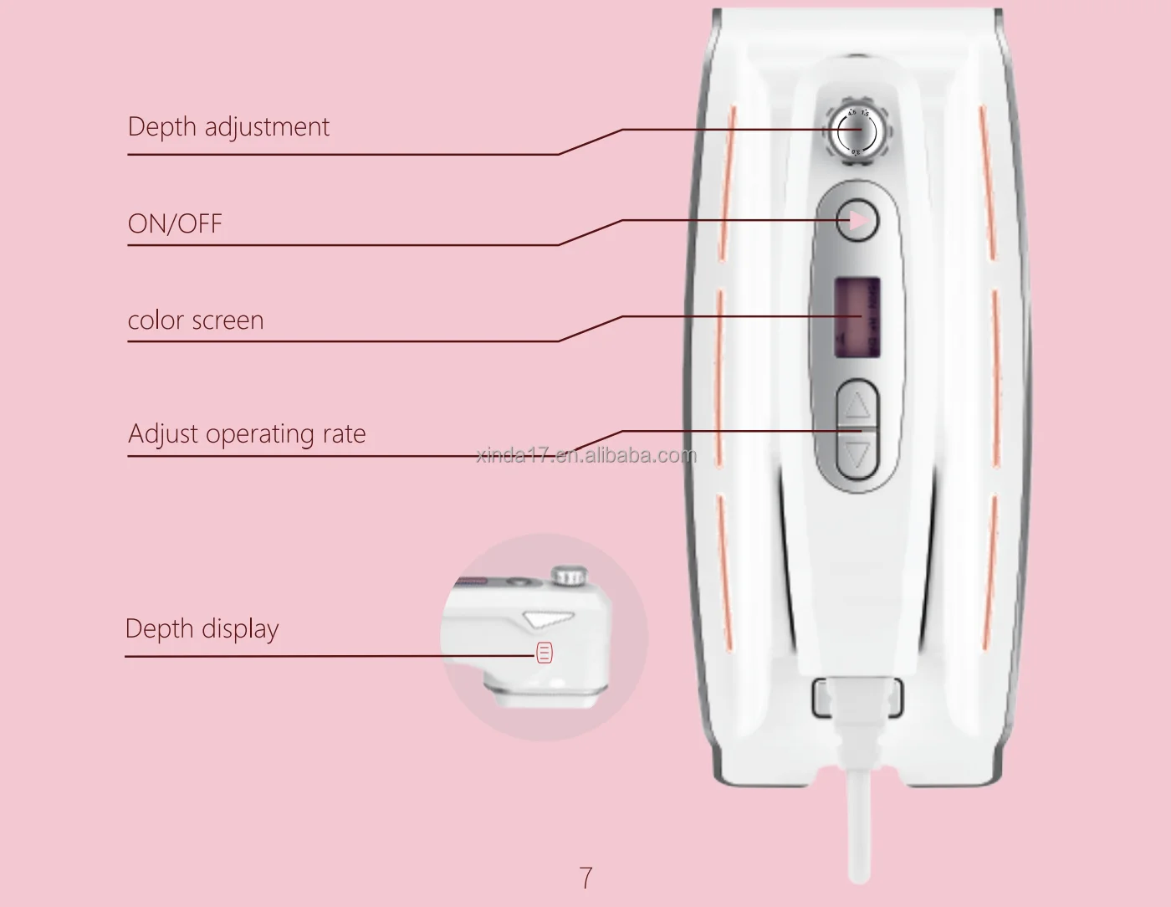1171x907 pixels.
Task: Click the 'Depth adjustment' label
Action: coord(228,127)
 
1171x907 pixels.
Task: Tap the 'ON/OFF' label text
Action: coord(175,224)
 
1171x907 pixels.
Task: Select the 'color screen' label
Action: coord(196,320)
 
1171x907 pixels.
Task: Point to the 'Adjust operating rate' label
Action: coord(247,434)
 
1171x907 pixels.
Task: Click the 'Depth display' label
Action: coord(202,629)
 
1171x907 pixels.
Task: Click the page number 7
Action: coord(585,878)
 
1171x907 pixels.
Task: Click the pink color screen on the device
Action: coord(857,317)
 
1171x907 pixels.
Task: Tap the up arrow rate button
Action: coord(858,406)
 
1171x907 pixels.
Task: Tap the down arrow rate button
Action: coord(858,456)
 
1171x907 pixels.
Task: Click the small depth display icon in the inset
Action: coord(545,653)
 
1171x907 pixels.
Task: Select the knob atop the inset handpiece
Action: coord(570,576)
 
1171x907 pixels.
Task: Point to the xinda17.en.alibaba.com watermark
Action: coord(585,455)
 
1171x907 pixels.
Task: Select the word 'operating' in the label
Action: coord(259,435)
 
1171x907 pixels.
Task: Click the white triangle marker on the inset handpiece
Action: coord(549,619)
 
